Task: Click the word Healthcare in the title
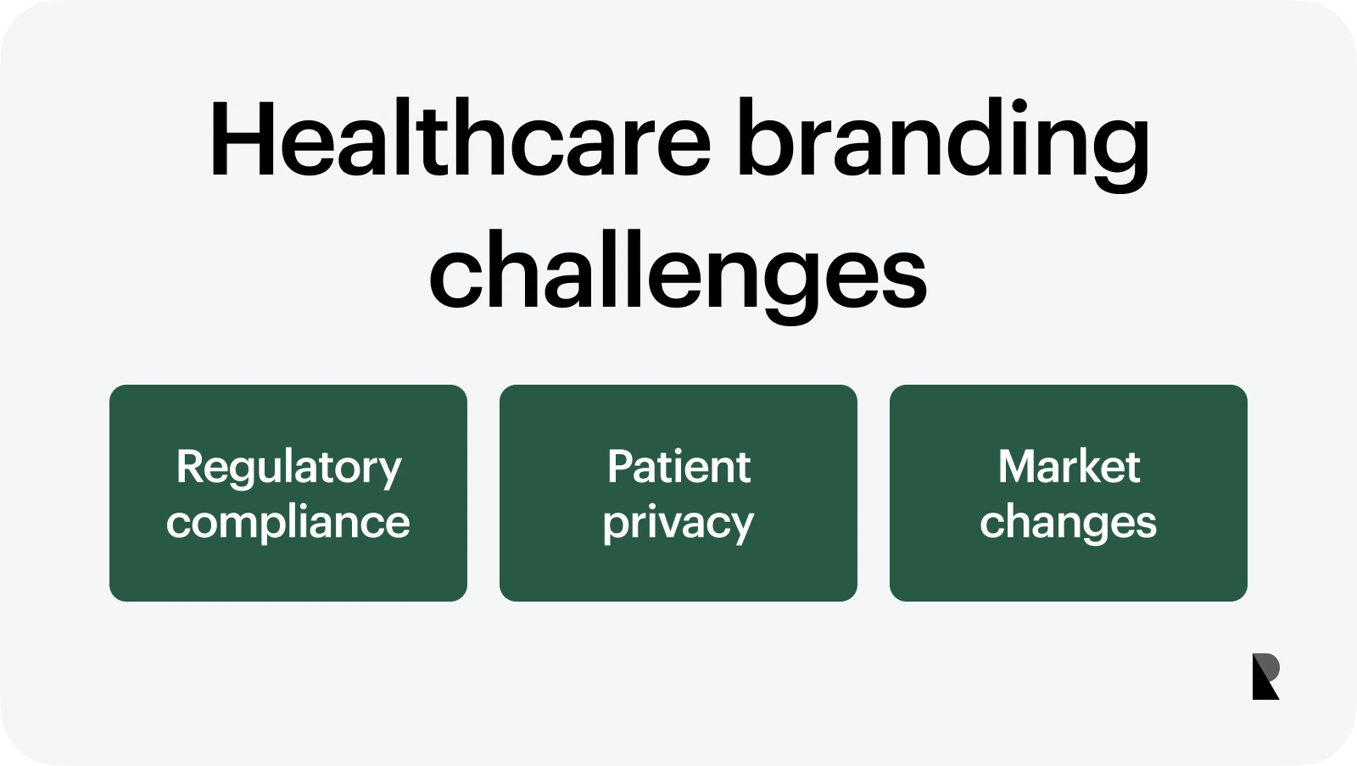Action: [x=459, y=140]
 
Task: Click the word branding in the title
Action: [x=942, y=140]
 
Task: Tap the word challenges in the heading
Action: [x=678, y=275]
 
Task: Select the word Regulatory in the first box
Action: [x=288, y=468]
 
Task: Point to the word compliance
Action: [x=288, y=522]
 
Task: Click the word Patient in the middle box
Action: [x=678, y=467]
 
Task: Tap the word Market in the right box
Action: [x=1069, y=467]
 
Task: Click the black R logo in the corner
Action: [x=1265, y=676]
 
